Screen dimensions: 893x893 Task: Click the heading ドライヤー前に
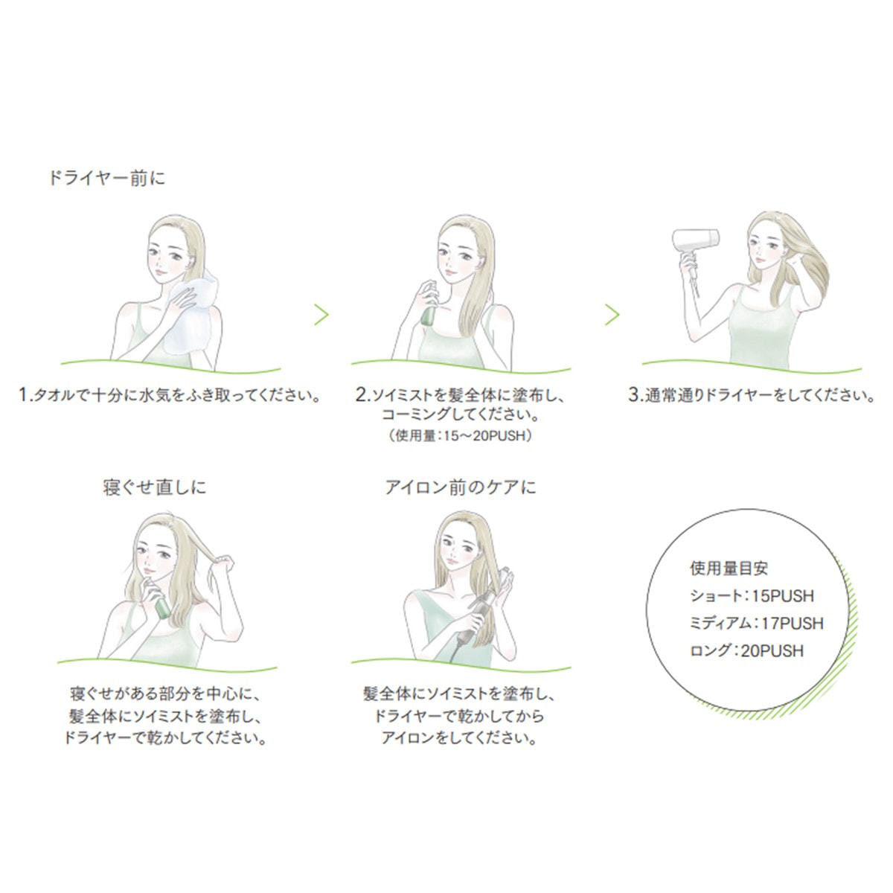(107, 179)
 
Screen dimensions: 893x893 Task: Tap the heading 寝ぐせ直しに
(154, 487)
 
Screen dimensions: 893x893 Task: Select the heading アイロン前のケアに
(461, 487)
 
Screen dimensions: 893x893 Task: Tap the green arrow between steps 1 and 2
(321, 315)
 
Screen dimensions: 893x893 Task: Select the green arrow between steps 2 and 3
(612, 315)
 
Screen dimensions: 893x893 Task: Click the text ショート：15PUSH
(752, 596)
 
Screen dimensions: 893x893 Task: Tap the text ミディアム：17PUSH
(756, 624)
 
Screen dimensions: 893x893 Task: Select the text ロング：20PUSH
(746, 651)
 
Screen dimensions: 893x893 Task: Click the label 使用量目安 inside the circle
(729, 569)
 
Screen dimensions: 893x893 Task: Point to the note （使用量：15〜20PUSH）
(460, 435)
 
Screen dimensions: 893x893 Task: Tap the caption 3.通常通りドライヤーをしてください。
(752, 395)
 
